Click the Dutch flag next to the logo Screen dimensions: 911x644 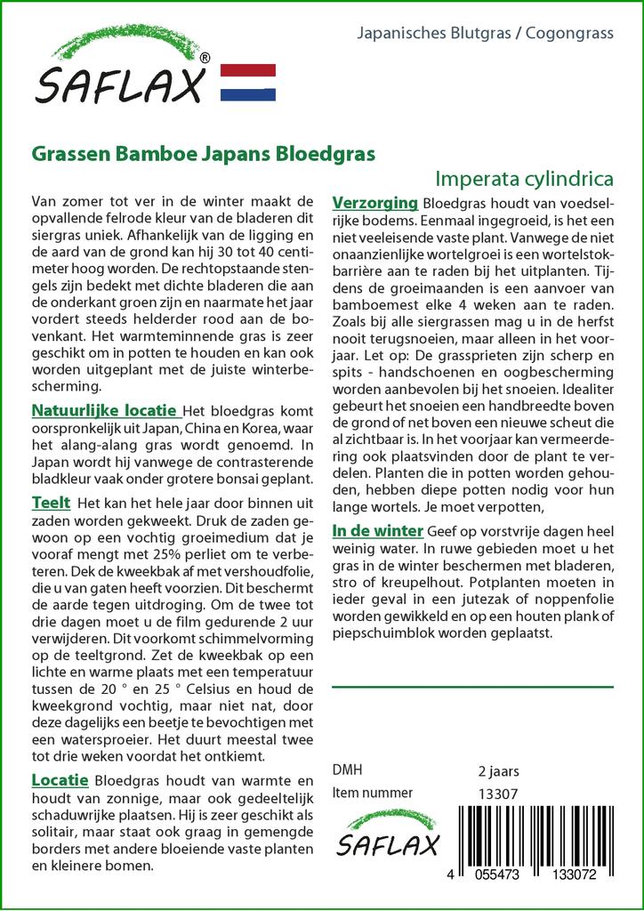246,82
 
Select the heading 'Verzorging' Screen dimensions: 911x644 374,202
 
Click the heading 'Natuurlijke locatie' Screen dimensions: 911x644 104,411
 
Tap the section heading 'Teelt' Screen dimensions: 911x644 51,504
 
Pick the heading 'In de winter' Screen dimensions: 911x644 377,531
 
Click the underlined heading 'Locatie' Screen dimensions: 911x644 60,780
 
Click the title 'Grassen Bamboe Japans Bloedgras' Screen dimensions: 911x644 203,152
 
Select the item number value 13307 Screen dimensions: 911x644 498,793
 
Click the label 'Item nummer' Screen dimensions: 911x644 372,793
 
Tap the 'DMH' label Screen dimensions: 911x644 347,770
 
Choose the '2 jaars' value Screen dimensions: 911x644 499,770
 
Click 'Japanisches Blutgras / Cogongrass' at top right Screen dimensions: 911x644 485,34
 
